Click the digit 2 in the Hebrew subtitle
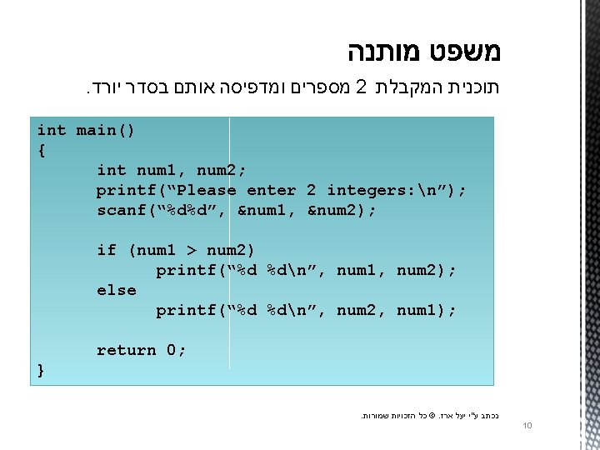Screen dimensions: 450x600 pos(361,87)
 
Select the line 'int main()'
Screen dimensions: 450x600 pos(86,130)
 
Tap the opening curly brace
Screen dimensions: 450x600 pos(42,150)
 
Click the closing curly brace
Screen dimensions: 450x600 pos(42,370)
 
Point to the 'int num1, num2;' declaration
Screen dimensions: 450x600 pos(171,170)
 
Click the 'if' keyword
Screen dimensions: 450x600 pos(107,250)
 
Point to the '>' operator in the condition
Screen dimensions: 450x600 pos(191,250)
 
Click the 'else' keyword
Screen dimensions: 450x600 pos(117,290)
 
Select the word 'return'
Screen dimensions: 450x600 pos(126,350)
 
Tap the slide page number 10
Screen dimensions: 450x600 pos(527,427)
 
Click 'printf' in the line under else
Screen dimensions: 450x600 pos(186,310)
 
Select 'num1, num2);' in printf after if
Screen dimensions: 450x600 pos(397,270)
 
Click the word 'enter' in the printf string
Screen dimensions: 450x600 pos(271,190)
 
